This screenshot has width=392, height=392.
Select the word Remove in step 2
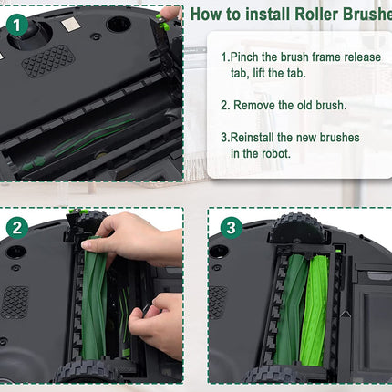point(255,105)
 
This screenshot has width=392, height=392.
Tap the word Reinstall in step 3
point(257,137)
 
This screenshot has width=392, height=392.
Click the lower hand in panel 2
point(155,324)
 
